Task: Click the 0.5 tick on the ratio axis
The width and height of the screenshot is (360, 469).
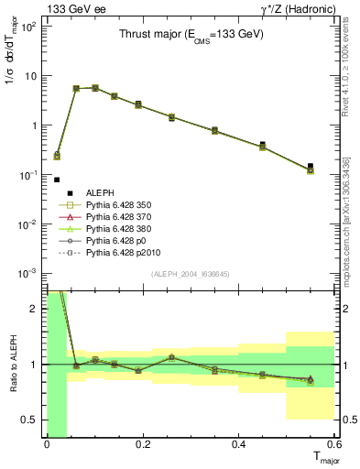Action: (32, 420)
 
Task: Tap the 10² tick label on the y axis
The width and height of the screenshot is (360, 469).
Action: (28, 26)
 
